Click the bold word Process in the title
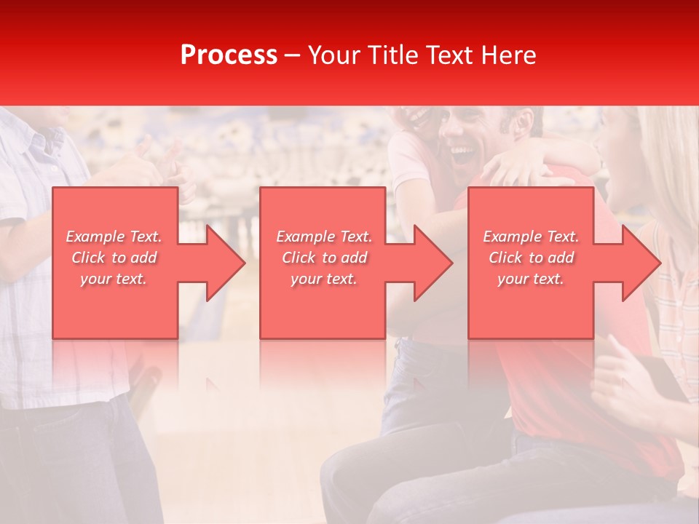pyautogui.click(x=229, y=55)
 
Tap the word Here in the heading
pyautogui.click(x=509, y=55)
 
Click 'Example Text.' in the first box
pyautogui.click(x=114, y=237)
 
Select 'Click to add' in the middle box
pyautogui.click(x=324, y=258)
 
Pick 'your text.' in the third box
pyautogui.click(x=531, y=279)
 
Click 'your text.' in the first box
pyautogui.click(x=114, y=279)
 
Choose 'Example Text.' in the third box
pyautogui.click(x=531, y=237)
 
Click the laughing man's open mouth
pyautogui.click(x=461, y=154)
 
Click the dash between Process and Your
pyautogui.click(x=292, y=55)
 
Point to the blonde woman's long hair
pyautogui.click(x=674, y=167)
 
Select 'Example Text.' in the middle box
pyautogui.click(x=324, y=237)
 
